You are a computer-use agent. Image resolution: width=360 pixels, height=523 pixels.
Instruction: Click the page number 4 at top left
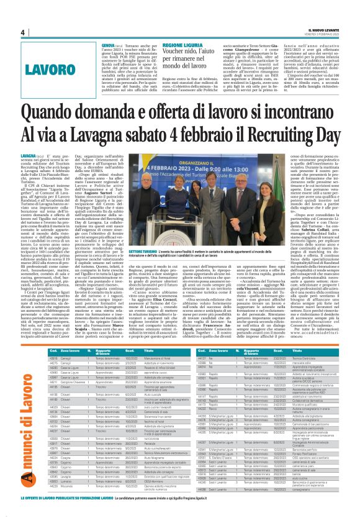[x=23, y=32]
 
